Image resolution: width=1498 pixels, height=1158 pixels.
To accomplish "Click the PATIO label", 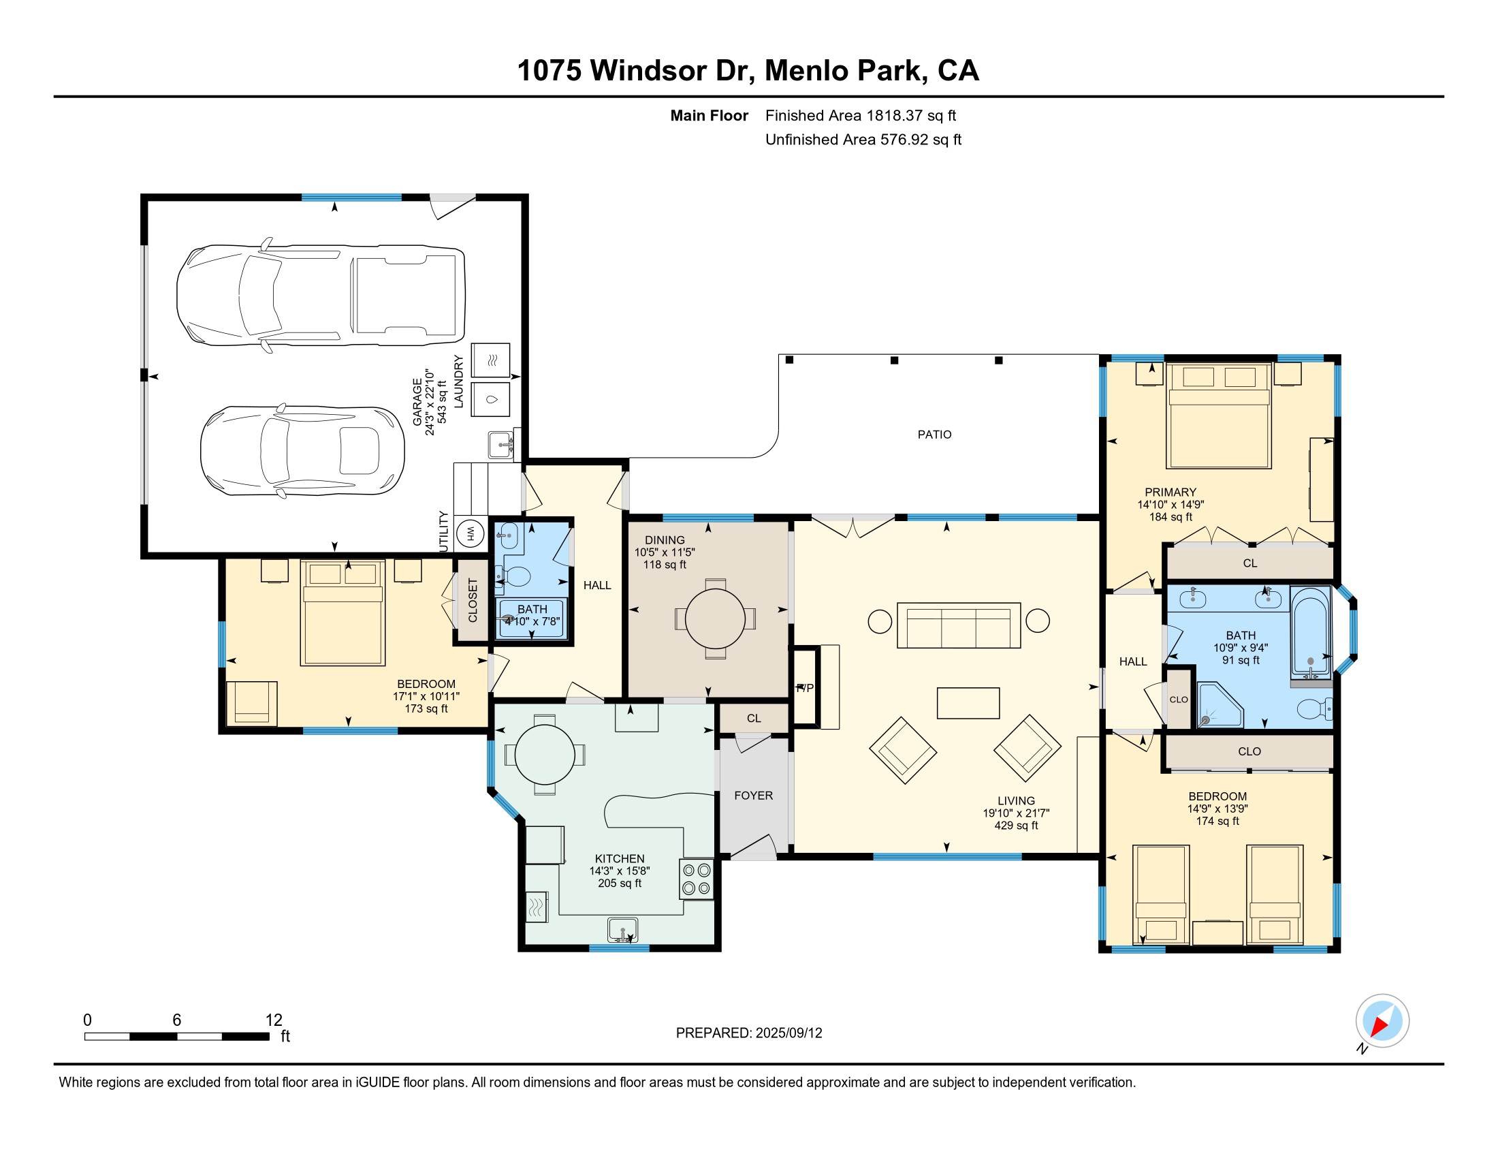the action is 934,435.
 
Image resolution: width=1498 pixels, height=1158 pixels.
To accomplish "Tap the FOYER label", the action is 753,796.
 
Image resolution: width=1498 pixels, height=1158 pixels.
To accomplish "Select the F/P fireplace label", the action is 805,687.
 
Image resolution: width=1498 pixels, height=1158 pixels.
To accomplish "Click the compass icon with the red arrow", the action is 1382,1021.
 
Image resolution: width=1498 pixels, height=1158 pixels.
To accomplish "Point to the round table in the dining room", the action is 716,619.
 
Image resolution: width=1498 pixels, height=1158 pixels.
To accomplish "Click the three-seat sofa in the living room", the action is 958,625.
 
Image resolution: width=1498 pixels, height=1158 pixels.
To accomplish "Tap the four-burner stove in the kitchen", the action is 696,879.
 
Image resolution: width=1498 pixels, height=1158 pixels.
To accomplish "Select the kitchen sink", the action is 623,930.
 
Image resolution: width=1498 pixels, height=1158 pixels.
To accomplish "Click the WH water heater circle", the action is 471,534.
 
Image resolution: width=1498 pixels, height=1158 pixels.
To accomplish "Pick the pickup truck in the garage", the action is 321,295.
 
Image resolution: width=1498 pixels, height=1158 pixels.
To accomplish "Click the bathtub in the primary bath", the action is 1311,633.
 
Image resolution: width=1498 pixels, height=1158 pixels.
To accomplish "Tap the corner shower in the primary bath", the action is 1220,704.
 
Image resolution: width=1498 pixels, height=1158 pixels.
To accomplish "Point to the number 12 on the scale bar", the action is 274,1020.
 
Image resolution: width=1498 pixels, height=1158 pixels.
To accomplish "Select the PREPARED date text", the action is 749,1033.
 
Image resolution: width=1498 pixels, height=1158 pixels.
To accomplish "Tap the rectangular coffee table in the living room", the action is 968,703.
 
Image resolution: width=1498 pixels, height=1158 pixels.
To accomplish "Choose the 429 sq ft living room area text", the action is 1016,826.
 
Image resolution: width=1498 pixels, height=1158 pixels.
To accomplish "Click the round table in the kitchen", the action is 545,755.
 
